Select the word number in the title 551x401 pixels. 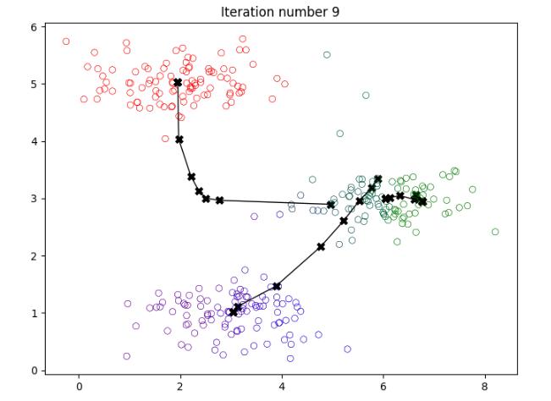293,12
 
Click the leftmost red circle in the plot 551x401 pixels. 66,41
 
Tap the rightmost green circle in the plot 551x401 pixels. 495,232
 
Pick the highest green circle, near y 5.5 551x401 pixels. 327,55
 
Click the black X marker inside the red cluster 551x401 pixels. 178,83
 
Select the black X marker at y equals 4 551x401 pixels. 179,140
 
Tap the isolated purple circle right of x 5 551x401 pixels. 347,349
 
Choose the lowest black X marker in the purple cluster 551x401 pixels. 234,312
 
